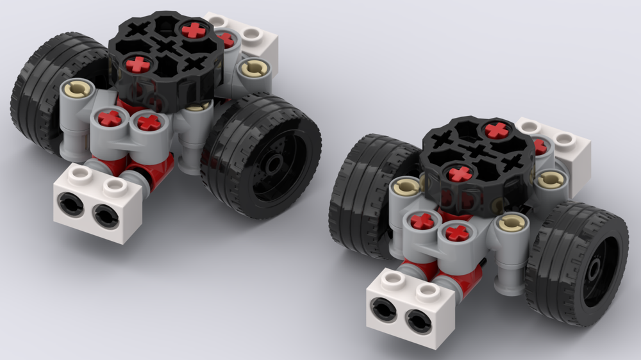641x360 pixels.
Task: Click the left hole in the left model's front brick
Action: [x=67, y=204]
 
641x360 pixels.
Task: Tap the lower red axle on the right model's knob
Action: [x=460, y=173]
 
